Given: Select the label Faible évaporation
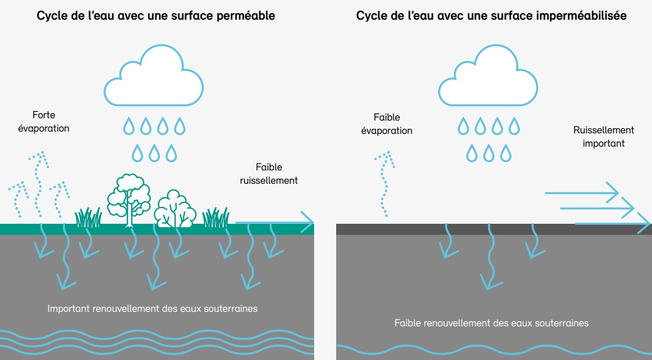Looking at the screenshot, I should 387,124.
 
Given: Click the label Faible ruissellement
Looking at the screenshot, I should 268,174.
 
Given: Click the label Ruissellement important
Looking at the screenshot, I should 603,136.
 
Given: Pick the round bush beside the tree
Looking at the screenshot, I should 173,209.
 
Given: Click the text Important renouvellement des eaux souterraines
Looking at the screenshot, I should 152,308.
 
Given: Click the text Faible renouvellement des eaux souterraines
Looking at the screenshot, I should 491,323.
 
